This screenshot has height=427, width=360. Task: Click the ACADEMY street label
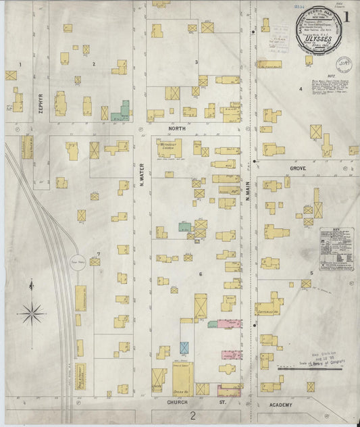[280, 405]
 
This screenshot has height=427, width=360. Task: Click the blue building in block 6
[184, 347]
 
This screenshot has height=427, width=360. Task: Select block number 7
[99, 254]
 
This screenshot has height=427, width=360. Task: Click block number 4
[301, 89]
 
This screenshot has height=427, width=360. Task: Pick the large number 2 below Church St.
[192, 415]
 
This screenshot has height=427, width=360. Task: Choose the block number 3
[197, 62]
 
